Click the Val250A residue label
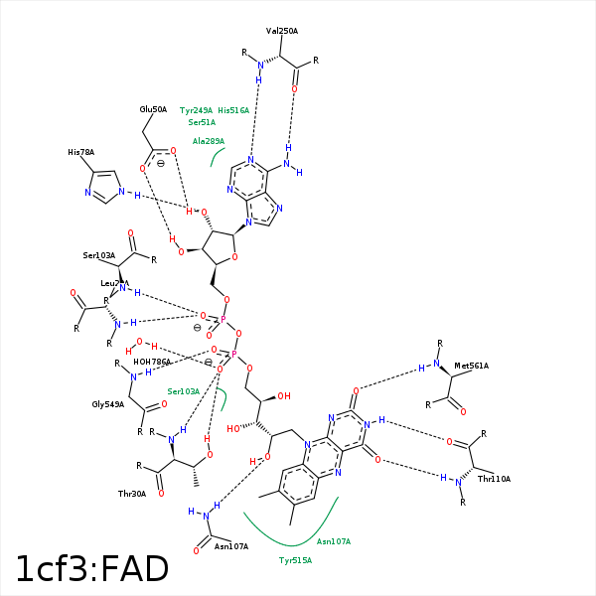tap(282, 31)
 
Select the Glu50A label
tap(153, 109)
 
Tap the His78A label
tap(81, 152)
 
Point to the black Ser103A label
tap(99, 255)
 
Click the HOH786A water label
tap(152, 362)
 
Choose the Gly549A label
tap(108, 404)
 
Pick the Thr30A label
tap(132, 494)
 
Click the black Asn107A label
tap(230, 545)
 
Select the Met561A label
tap(471, 367)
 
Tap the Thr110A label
tap(494, 479)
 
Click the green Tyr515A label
tap(295, 560)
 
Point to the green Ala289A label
tap(209, 141)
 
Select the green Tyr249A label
tap(196, 110)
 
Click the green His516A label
tap(233, 110)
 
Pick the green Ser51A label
tap(202, 122)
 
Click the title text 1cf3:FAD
tap(91, 569)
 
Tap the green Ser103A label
tap(184, 391)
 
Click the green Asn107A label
tap(334, 541)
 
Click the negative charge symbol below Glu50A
tap(161, 163)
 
